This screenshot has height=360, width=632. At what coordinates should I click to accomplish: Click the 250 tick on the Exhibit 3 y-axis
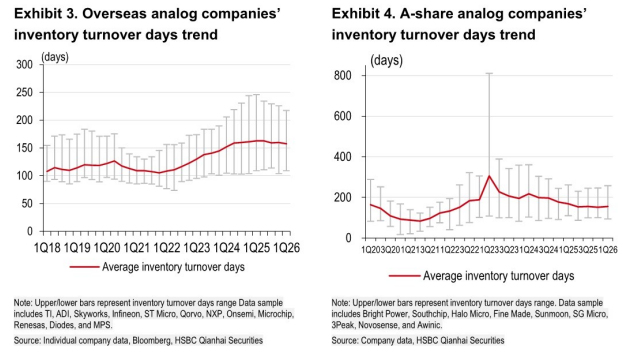(24, 92)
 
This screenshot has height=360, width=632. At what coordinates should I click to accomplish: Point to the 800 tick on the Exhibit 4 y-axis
(342, 76)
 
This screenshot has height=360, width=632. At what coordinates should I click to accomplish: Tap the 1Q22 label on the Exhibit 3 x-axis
(167, 247)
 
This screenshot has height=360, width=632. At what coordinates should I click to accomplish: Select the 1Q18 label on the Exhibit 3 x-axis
(47, 247)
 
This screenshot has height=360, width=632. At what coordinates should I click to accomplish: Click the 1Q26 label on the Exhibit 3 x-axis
(287, 247)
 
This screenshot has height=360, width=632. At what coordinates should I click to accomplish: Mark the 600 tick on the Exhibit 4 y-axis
(342, 116)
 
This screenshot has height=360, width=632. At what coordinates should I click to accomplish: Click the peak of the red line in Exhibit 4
(489, 176)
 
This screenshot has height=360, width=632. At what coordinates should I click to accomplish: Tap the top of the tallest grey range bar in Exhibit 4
(489, 73)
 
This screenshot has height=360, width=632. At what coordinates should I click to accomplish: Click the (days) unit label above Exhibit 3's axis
(55, 57)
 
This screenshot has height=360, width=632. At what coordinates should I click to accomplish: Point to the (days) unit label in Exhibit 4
(387, 60)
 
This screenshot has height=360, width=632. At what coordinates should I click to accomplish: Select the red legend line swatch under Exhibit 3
(84, 267)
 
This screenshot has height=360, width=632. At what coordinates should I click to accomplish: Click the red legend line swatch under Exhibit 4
(405, 276)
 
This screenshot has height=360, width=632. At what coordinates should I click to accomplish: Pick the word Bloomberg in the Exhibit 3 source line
(152, 341)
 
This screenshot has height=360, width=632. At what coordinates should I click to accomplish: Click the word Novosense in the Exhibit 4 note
(378, 325)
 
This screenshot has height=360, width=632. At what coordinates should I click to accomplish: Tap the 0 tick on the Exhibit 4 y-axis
(348, 238)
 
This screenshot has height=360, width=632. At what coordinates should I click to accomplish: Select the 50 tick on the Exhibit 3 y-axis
(27, 204)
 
